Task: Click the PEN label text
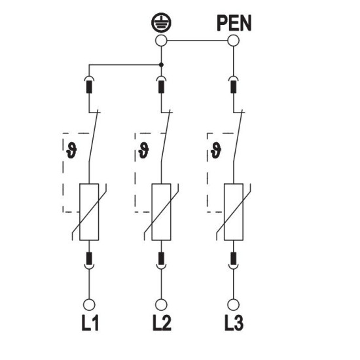tap(234, 23)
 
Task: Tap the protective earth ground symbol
tap(161, 22)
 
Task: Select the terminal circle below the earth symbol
tap(161, 41)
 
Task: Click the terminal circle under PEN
tap(234, 41)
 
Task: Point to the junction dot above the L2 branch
tap(161, 65)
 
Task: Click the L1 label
tap(90, 323)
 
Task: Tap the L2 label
tap(162, 323)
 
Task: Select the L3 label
tap(234, 323)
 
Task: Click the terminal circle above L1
tap(89, 305)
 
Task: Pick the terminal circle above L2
tap(161, 305)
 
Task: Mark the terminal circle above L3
tap(234, 305)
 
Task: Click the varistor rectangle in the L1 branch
tap(89, 212)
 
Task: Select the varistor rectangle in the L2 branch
tap(161, 212)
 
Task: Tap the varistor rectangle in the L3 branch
tap(234, 212)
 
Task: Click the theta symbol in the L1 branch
tap(71, 151)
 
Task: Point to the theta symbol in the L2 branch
tap(143, 151)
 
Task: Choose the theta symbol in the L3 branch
tap(216, 151)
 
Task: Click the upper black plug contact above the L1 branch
tap(89, 87)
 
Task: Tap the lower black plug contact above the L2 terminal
tap(161, 259)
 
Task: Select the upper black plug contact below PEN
tap(234, 87)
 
